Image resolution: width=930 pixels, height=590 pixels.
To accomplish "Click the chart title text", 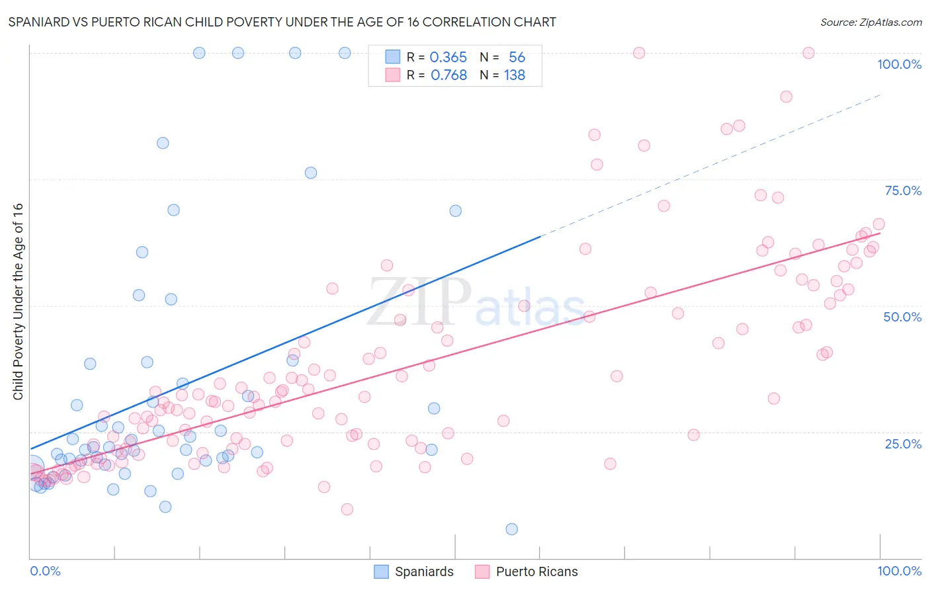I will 282,22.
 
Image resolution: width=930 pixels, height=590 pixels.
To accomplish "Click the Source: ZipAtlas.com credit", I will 870,22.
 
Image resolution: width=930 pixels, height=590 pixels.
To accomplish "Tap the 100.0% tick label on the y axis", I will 899,64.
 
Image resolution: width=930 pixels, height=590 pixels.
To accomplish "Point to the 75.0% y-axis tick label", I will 903,190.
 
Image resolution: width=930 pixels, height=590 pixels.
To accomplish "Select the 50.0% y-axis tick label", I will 902,317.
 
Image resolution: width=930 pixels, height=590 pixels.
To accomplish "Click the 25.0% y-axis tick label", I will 903,443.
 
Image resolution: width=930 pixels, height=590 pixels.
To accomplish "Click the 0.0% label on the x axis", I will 45,571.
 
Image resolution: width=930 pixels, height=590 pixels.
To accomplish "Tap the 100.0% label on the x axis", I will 899,571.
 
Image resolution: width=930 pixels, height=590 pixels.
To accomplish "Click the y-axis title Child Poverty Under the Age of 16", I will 19,301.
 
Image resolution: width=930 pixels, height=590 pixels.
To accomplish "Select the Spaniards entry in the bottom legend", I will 424,571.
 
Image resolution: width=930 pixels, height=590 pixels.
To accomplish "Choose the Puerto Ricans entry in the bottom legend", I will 536,571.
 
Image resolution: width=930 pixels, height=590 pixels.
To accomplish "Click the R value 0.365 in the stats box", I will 448,58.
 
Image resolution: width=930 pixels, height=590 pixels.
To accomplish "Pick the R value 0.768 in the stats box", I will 448,75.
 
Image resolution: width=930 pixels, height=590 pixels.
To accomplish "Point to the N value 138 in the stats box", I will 515,75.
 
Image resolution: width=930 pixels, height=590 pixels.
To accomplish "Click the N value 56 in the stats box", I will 517,58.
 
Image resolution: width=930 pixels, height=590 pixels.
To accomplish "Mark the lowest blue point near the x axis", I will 511,529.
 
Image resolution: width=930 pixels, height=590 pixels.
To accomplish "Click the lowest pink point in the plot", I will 347,509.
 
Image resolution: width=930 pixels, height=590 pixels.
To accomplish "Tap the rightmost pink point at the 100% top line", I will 808,53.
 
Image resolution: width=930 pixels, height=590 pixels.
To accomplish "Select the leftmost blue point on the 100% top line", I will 199,53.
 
